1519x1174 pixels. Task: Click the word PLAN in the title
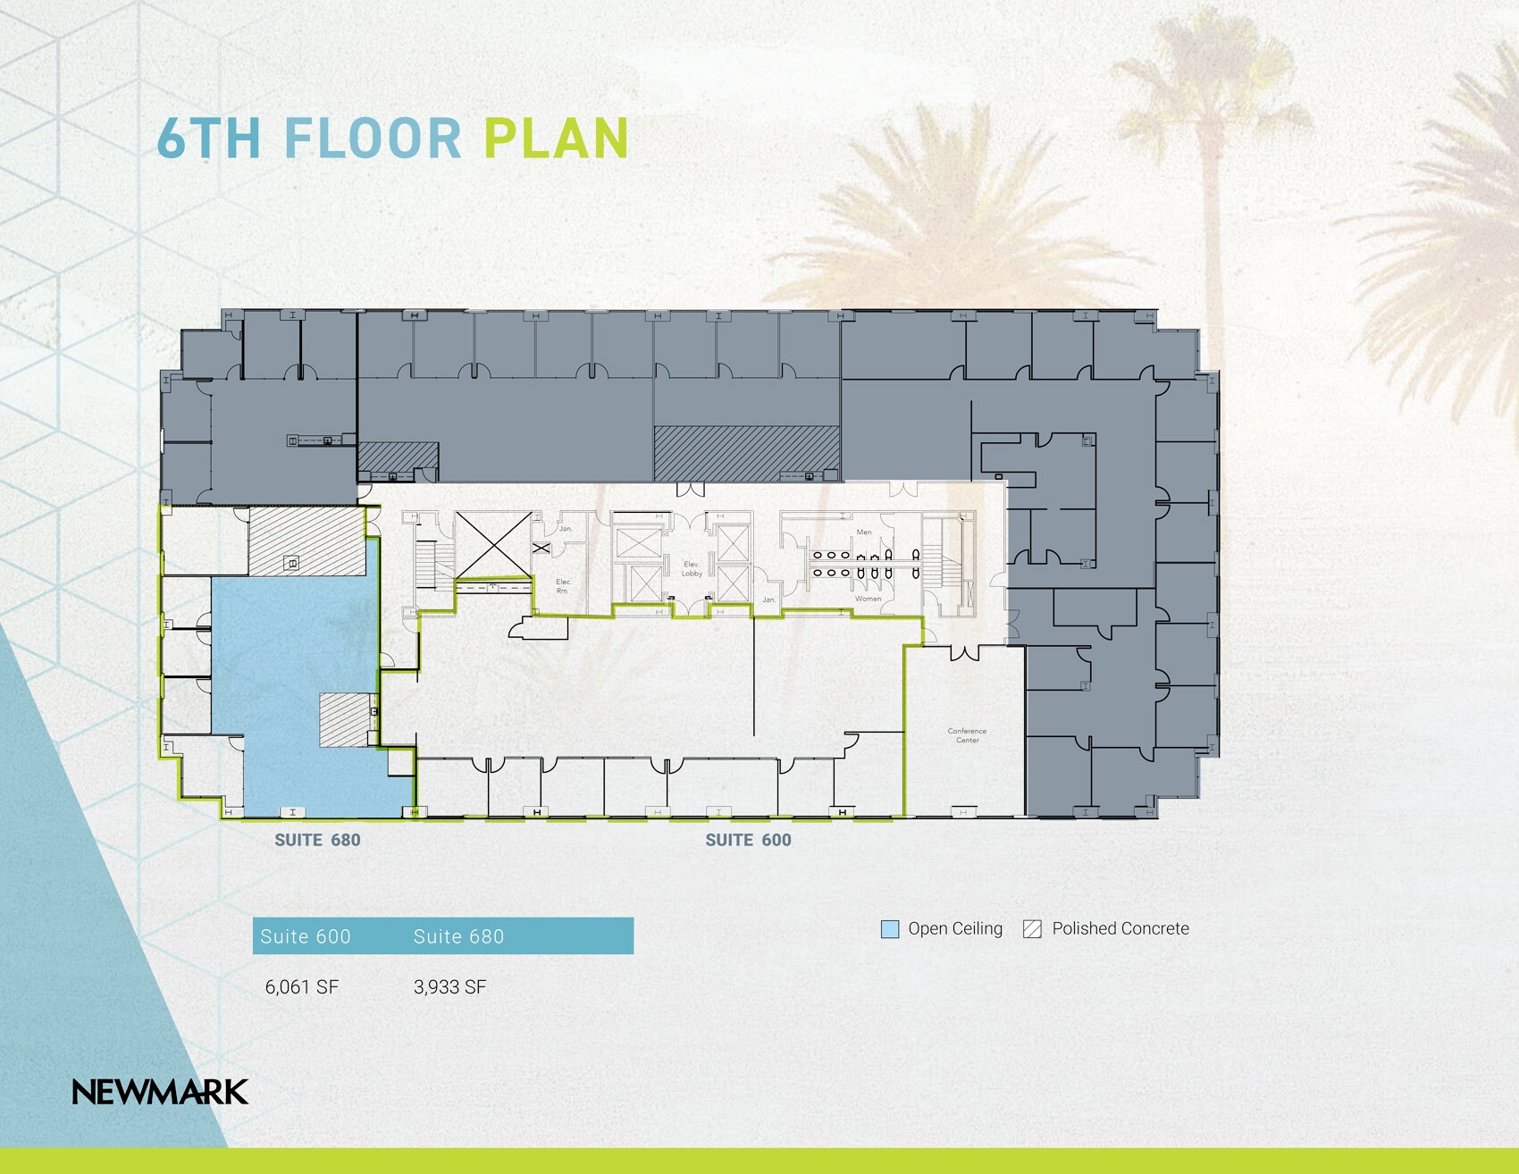556,139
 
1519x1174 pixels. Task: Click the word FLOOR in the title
373,139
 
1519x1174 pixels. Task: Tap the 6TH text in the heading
209,139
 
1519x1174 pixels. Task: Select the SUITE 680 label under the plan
317,840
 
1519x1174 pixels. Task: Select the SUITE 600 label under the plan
748,840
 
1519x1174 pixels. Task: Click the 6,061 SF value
302,987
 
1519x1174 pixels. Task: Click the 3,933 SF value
449,987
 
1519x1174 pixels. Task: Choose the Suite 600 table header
306,936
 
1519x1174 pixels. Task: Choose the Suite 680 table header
458,936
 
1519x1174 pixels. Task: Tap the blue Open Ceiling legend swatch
890,929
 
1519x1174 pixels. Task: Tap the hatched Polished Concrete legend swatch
1032,929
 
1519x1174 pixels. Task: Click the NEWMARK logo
160,1092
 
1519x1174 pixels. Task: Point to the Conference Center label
967,735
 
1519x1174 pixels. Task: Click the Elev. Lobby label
692,569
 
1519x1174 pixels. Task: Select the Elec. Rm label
563,586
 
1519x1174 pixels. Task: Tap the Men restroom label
863,532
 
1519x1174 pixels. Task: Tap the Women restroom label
868,599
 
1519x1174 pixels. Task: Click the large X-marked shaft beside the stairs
493,543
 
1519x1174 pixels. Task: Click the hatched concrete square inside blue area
346,719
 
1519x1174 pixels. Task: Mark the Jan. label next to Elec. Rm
566,529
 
